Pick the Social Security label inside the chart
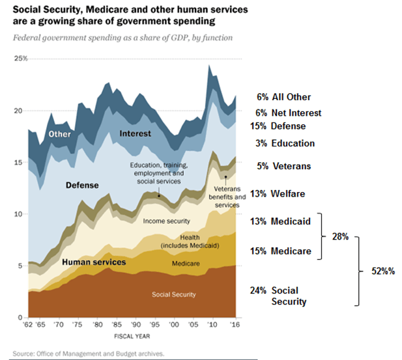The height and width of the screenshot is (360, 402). (173, 294)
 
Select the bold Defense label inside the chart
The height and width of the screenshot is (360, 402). (82, 186)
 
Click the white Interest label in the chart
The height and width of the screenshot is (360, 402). (135, 133)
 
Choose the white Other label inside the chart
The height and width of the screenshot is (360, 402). (61, 135)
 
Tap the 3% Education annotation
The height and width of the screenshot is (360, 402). (290, 143)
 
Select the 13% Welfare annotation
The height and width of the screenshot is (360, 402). (286, 193)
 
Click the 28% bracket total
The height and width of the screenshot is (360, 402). (339, 237)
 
